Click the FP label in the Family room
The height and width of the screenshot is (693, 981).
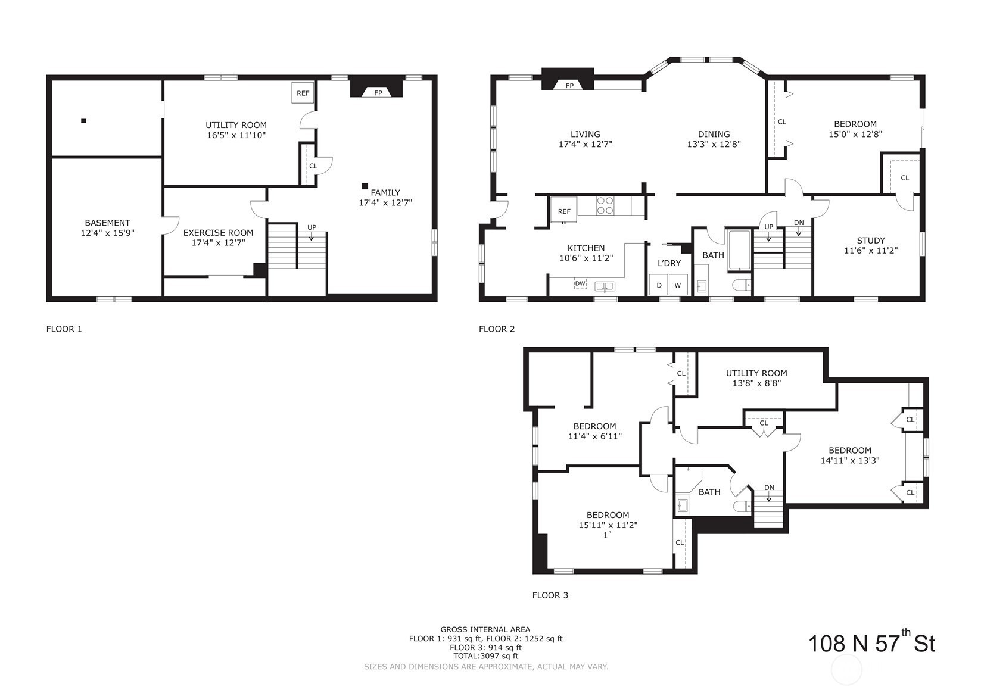click(378, 93)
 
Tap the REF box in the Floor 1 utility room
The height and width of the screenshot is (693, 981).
click(303, 93)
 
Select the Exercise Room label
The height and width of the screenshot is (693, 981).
click(218, 233)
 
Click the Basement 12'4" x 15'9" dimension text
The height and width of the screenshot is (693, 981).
click(107, 233)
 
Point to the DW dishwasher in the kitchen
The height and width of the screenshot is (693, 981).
click(580, 283)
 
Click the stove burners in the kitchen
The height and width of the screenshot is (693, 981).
click(605, 205)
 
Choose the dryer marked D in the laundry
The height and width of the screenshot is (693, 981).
click(659, 285)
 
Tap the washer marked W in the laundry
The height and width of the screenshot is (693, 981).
click(678, 285)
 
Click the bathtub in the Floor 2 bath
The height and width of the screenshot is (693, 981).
click(739, 249)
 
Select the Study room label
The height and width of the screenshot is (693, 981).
click(871, 241)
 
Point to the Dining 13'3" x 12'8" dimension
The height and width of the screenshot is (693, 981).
click(714, 144)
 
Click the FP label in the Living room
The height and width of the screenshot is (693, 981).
click(569, 86)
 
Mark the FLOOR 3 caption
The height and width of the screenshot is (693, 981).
click(550, 595)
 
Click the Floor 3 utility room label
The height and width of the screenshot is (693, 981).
click(756, 373)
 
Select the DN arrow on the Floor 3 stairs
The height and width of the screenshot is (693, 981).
click(769, 498)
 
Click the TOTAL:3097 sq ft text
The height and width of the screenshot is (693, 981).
click(485, 656)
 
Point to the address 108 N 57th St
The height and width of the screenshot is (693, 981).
click(871, 643)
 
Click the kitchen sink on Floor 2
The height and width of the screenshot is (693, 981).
click(605, 287)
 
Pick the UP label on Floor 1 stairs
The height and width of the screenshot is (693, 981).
click(312, 227)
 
